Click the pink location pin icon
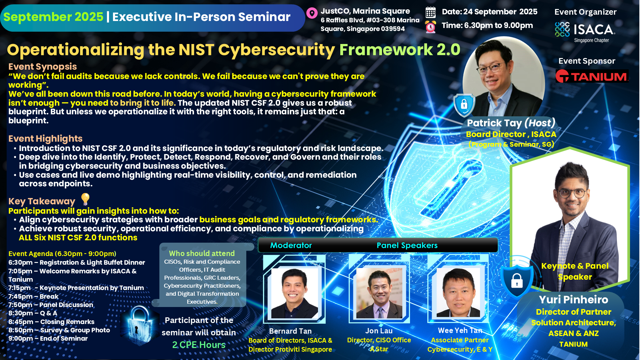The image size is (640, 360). coord(312,13)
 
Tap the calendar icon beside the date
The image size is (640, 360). coord(430,12)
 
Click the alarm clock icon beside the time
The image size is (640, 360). coord(430,27)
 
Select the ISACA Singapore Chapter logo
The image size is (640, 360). coord(585,32)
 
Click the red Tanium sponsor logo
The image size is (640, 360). coord(592,76)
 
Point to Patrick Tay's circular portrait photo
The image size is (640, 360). coord(503,77)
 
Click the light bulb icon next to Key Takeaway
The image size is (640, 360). coord(85,199)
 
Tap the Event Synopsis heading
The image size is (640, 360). coord(43,67)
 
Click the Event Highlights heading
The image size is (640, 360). coord(45,139)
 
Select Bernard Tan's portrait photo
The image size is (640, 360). coord(294,293)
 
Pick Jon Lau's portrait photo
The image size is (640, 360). coord(379,293)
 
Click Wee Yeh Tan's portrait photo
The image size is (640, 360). coord(458,292)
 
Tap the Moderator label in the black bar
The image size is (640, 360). coord(291,245)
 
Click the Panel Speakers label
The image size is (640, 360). coord(407,245)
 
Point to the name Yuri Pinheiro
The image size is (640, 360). coord(573,299)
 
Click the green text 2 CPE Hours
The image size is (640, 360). coord(199,345)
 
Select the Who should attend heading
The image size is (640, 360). coord(202,253)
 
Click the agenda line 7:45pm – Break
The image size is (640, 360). coord(33,296)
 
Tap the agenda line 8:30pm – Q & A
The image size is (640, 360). coord(33,313)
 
